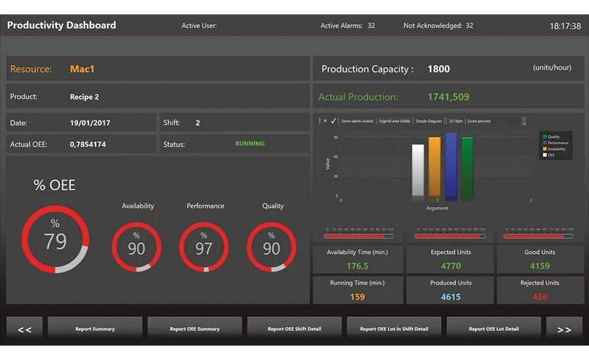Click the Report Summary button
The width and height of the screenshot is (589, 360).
coord(95,329)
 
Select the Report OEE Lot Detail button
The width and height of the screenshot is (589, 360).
coord(493,329)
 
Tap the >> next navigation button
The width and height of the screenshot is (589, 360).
coord(564,329)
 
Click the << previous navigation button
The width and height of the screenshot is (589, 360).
coord(25,329)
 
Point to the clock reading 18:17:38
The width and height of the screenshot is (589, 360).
coord(565,26)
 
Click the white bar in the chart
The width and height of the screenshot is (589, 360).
coord(418,170)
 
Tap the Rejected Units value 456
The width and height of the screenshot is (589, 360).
coord(540,297)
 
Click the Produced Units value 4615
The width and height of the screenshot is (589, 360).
coord(451,297)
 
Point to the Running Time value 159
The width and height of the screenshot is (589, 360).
coord(357,297)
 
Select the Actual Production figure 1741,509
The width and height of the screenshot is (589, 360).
coord(448,97)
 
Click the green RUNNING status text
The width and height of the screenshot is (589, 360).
coord(250,143)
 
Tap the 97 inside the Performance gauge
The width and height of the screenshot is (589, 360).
coord(204,249)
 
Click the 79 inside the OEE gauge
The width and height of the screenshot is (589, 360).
coord(55,242)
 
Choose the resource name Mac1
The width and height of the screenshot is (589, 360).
coord(82,69)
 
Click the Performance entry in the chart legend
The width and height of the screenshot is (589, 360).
coord(558,143)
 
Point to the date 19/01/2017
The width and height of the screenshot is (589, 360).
coord(90,123)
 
